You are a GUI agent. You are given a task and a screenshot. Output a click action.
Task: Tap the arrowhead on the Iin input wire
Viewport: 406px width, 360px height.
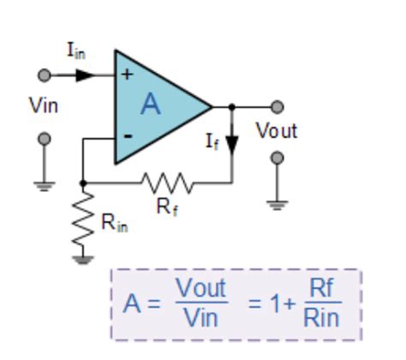tap(84, 75)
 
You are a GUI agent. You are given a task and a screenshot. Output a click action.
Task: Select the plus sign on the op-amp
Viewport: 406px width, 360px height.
tap(127, 75)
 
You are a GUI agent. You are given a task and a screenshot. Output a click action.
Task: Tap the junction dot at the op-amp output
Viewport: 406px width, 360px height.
tap(231, 107)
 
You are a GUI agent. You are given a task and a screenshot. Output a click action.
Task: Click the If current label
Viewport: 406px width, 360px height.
tap(212, 141)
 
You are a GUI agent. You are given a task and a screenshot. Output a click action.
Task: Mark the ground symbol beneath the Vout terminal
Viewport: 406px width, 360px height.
tap(277, 202)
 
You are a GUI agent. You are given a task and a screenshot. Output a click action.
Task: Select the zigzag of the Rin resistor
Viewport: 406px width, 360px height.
tap(82, 219)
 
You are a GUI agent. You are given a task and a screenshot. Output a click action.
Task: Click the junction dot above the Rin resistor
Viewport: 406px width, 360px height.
tap(82, 182)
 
